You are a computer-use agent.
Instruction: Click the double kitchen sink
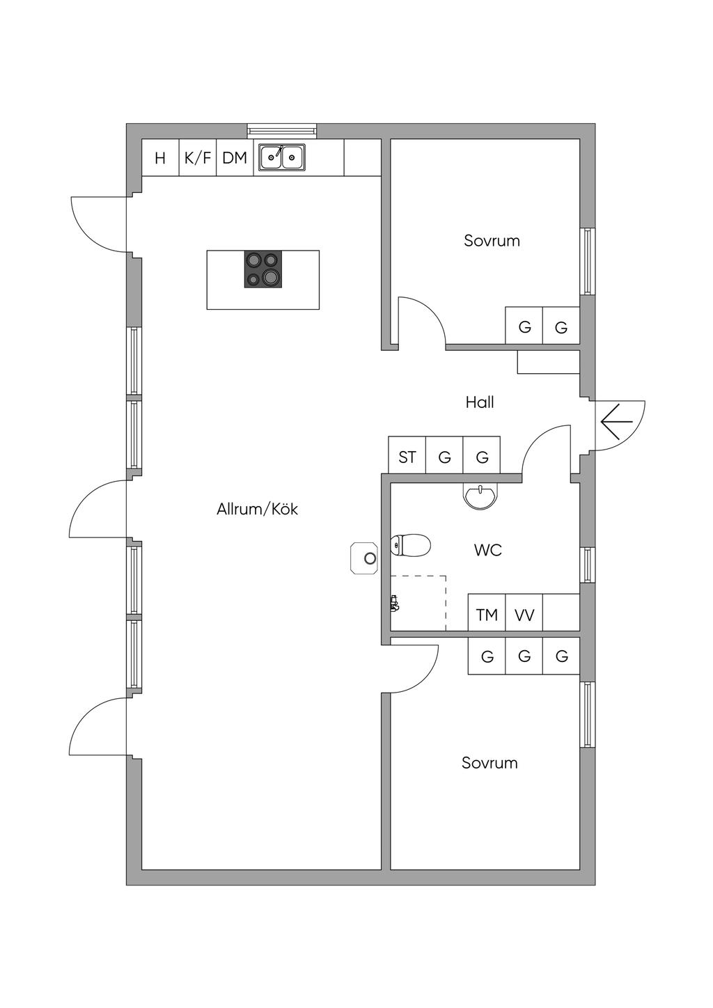[282, 157]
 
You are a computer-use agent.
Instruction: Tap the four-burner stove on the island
[263, 269]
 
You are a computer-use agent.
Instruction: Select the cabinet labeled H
[160, 157]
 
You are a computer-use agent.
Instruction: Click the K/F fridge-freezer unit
[198, 157]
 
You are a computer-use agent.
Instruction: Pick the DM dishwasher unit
[235, 157]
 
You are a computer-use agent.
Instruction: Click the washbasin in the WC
[480, 496]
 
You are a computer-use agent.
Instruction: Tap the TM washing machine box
[487, 614]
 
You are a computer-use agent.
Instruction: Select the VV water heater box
[524, 614]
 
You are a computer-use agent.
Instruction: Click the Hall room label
[480, 402]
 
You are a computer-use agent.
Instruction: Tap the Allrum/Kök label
[258, 509]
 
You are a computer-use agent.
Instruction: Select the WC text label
[488, 550]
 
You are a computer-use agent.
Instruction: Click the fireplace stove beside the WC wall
[364, 558]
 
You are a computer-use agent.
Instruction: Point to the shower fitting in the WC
[395, 604]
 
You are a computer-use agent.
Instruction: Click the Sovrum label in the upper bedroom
[492, 241]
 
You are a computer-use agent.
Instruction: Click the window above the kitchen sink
[282, 130]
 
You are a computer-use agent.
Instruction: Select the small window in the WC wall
[587, 565]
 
